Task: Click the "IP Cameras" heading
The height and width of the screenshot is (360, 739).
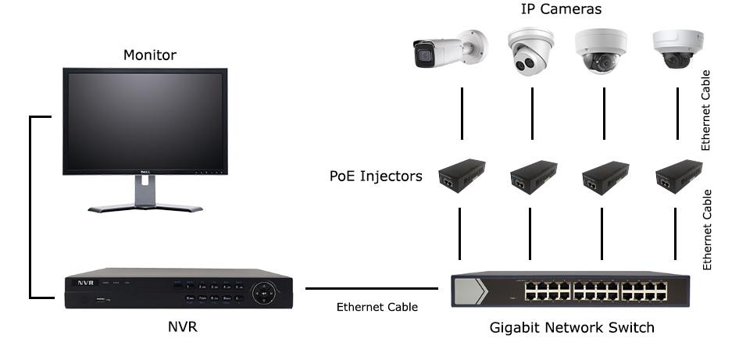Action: pos(562,9)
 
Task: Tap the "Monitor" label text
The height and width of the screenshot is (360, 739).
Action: pos(150,55)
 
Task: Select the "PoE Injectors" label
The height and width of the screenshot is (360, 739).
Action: pos(376,176)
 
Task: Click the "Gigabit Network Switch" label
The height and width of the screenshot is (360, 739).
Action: pos(572,327)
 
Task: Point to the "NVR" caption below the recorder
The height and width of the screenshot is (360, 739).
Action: pos(183,326)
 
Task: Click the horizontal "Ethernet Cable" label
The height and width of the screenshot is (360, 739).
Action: pos(377,307)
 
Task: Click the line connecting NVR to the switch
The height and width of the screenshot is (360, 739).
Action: pos(371,288)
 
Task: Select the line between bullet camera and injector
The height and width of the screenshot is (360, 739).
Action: pos(462,113)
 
